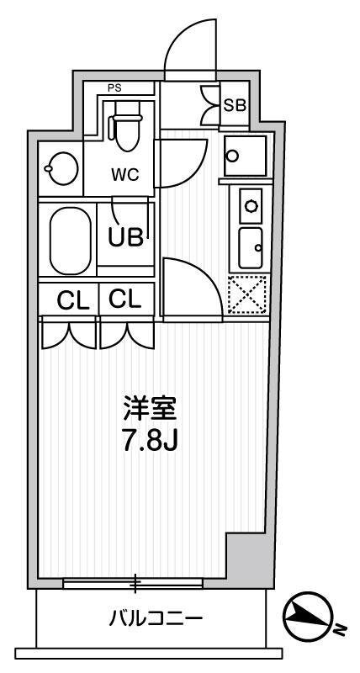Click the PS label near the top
click(114, 88)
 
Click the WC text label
click(125, 174)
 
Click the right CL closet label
click(125, 299)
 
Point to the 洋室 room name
click(151, 411)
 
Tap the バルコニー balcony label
click(156, 620)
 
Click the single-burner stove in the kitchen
click(251, 204)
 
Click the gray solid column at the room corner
click(249, 560)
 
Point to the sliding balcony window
click(133, 582)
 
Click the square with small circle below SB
click(245, 155)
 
